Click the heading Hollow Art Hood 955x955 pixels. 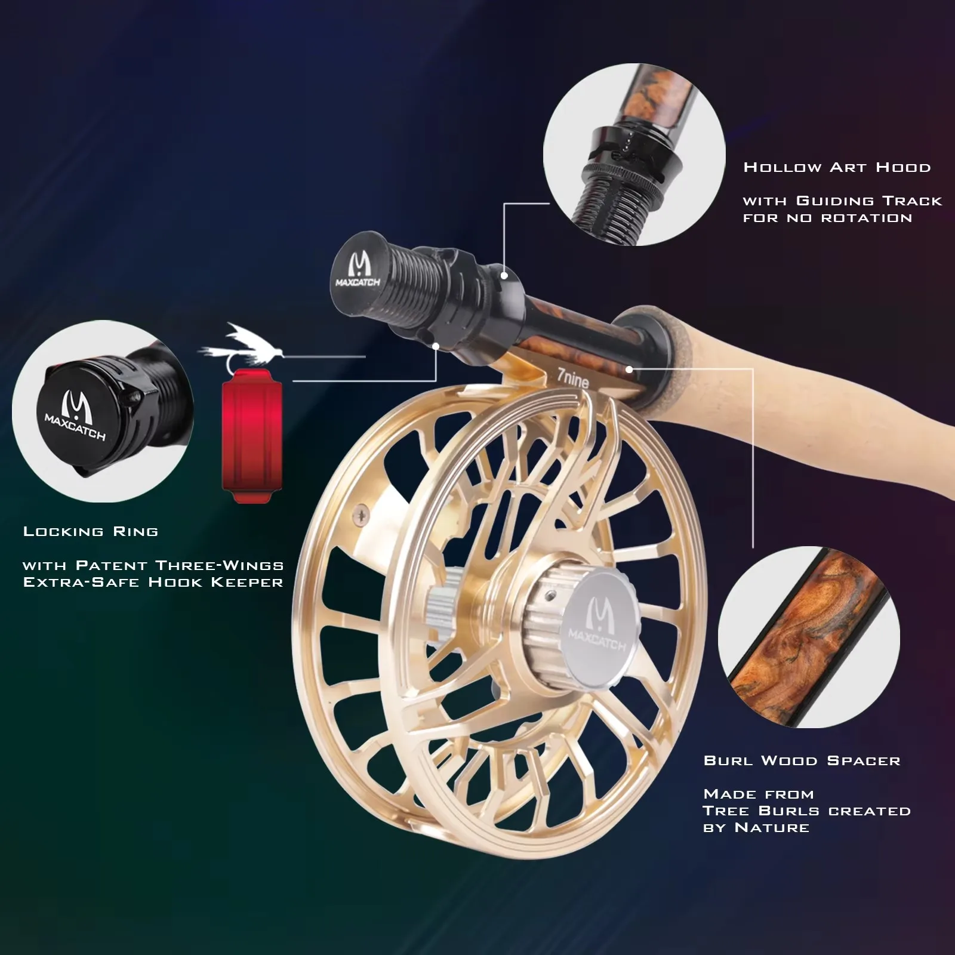[x=837, y=167]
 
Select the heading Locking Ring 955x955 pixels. [x=91, y=531]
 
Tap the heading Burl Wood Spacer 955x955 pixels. [x=802, y=760]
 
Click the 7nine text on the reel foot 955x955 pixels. [x=573, y=379]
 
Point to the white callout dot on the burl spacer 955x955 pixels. [x=630, y=369]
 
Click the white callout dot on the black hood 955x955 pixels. [x=504, y=275]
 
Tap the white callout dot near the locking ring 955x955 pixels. [x=436, y=346]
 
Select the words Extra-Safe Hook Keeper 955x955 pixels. [x=153, y=582]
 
